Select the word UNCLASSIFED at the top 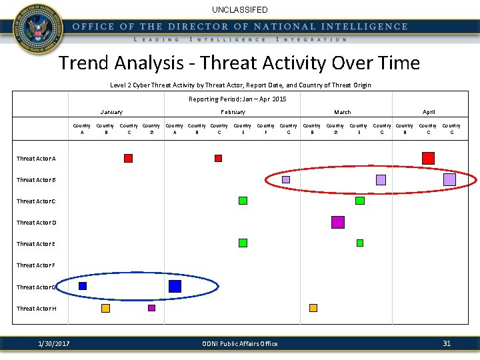[240, 10]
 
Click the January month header [111, 112]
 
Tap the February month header [233, 112]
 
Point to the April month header [429, 112]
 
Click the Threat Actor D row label [36, 223]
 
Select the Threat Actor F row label [36, 265]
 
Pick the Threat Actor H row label [36, 309]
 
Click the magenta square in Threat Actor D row [338, 222]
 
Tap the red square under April [428, 158]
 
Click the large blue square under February [175, 286]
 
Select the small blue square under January [83, 286]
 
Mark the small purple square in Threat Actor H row [151, 308]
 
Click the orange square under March [313, 308]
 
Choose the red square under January [128, 158]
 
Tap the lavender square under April [449, 179]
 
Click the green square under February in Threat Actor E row [243, 243]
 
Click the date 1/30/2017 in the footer [54, 344]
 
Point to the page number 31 [447, 343]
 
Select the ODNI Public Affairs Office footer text [240, 344]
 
